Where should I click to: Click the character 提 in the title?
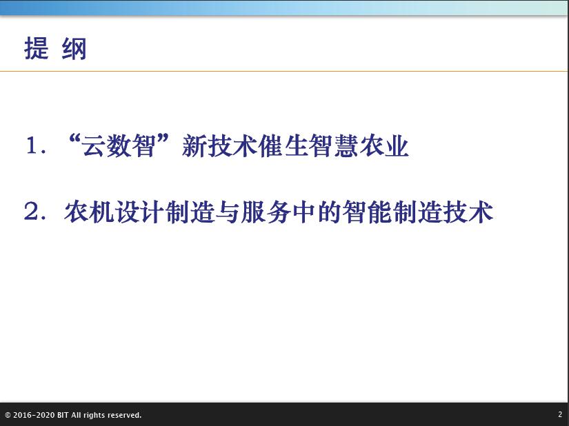click(37, 48)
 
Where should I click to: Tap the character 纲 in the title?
click(74, 48)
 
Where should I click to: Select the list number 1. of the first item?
click(36, 145)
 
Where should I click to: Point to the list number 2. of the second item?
click(36, 211)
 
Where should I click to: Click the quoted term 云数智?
click(119, 145)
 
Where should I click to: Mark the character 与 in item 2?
click(228, 212)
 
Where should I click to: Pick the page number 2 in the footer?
click(560, 414)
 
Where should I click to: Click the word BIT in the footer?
click(63, 415)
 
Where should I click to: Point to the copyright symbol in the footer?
click(8, 415)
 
